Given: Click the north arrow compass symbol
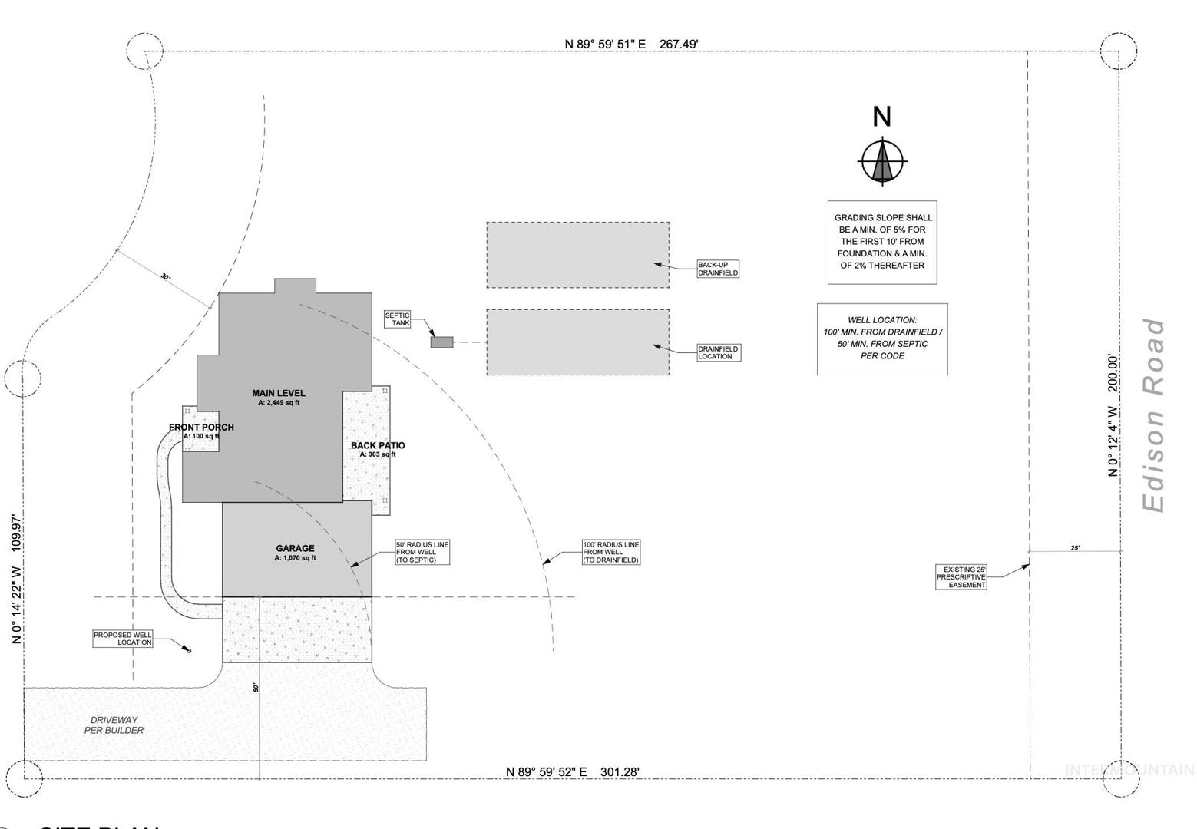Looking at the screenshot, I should click(x=882, y=162).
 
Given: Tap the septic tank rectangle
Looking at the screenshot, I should click(x=441, y=342).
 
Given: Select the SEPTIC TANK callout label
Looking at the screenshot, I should click(x=398, y=319).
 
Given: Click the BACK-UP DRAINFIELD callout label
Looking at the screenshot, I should click(x=718, y=269).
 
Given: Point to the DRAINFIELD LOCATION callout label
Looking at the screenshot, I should click(x=718, y=352).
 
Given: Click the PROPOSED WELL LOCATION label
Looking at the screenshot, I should click(x=123, y=639).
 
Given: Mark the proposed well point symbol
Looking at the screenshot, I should click(x=189, y=651).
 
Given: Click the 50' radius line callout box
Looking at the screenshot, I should click(x=422, y=552).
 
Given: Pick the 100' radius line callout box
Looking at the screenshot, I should click(x=610, y=552).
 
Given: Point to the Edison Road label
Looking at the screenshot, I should click(x=1153, y=415).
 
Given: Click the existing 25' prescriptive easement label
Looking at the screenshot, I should click(x=961, y=577).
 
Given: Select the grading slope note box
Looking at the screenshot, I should click(x=882, y=242).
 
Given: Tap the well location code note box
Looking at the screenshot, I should click(x=882, y=339).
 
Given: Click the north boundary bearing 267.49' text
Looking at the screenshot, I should click(x=631, y=44).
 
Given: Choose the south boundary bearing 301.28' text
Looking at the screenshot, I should click(x=573, y=771).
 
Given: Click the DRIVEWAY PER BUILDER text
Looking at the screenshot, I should click(x=114, y=725).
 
